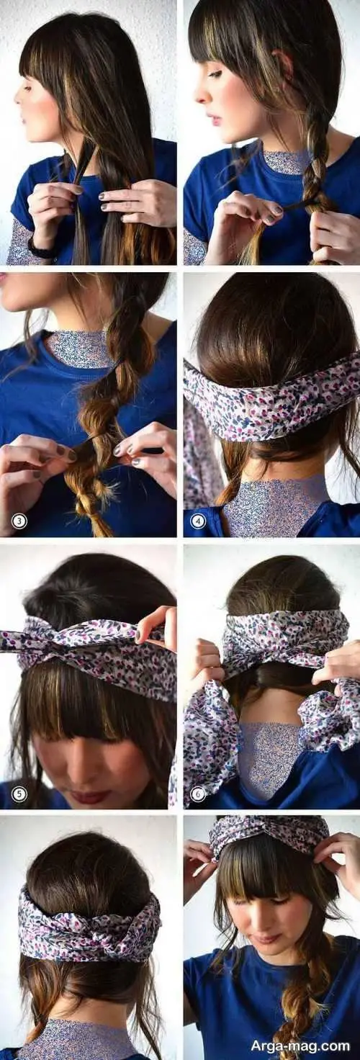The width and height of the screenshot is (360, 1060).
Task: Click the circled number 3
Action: point(19,521)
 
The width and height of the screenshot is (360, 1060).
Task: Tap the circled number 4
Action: point(198,521)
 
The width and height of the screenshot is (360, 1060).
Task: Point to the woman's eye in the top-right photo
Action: point(215,74)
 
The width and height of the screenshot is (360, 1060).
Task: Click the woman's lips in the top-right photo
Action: point(215,120)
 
